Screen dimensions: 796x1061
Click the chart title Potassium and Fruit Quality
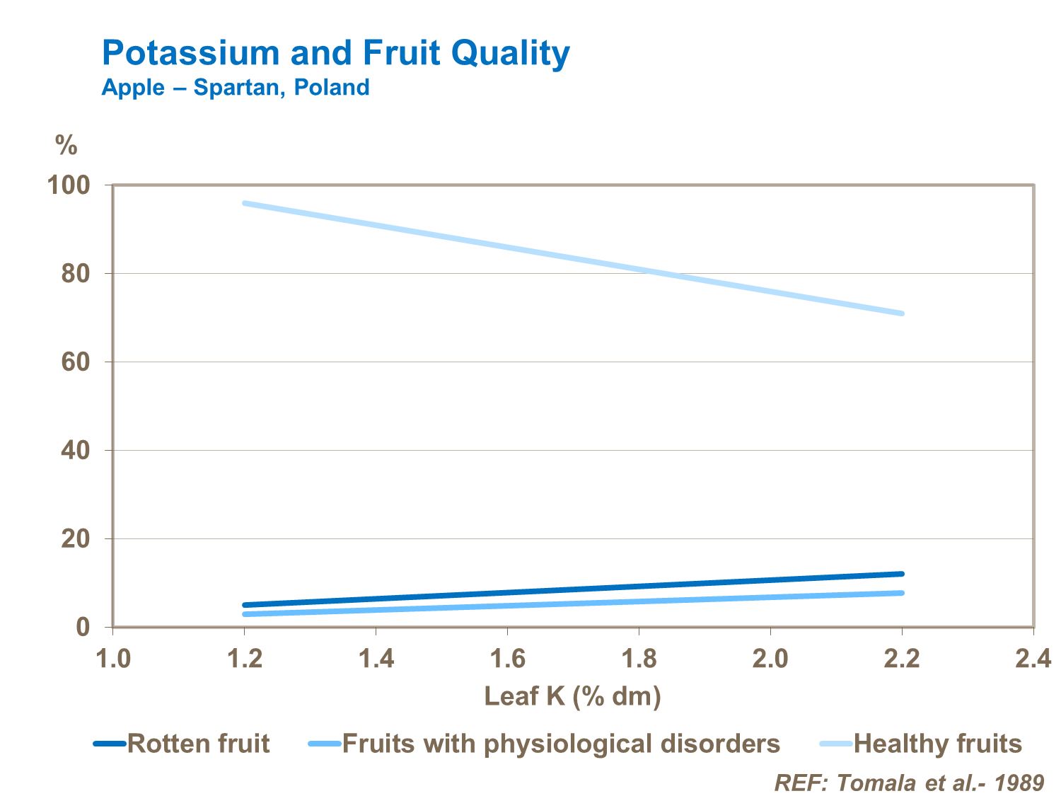(335, 54)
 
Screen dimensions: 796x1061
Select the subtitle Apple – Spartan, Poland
(236, 88)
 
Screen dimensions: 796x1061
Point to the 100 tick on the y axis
(68, 185)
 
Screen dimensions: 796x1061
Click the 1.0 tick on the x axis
(113, 659)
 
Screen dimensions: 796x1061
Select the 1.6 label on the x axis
(507, 659)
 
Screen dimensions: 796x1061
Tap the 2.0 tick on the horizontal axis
(770, 659)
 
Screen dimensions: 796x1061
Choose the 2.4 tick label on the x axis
(1033, 659)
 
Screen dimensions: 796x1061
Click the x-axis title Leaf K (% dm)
(572, 697)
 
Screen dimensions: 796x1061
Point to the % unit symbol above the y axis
(66, 146)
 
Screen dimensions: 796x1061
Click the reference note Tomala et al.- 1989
(909, 783)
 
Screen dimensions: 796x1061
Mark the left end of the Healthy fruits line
(245, 204)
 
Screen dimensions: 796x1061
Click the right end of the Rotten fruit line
(902, 574)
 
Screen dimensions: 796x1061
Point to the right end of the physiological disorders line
(902, 593)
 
